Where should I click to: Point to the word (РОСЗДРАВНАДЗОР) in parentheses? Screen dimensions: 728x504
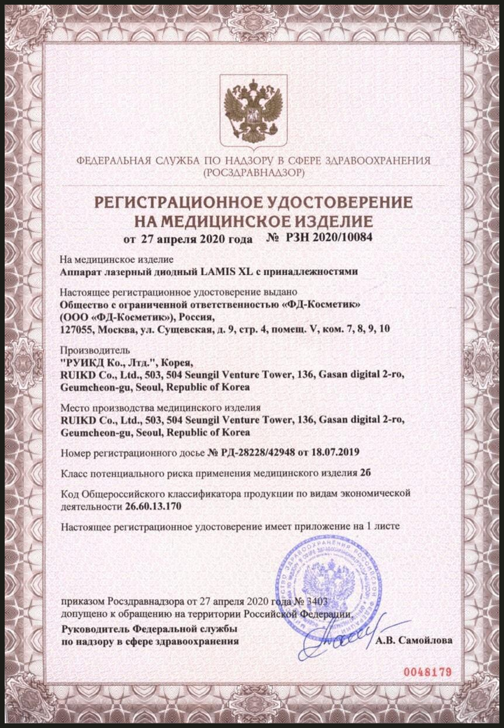[253, 173]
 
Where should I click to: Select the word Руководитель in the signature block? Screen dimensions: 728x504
[93, 629]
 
